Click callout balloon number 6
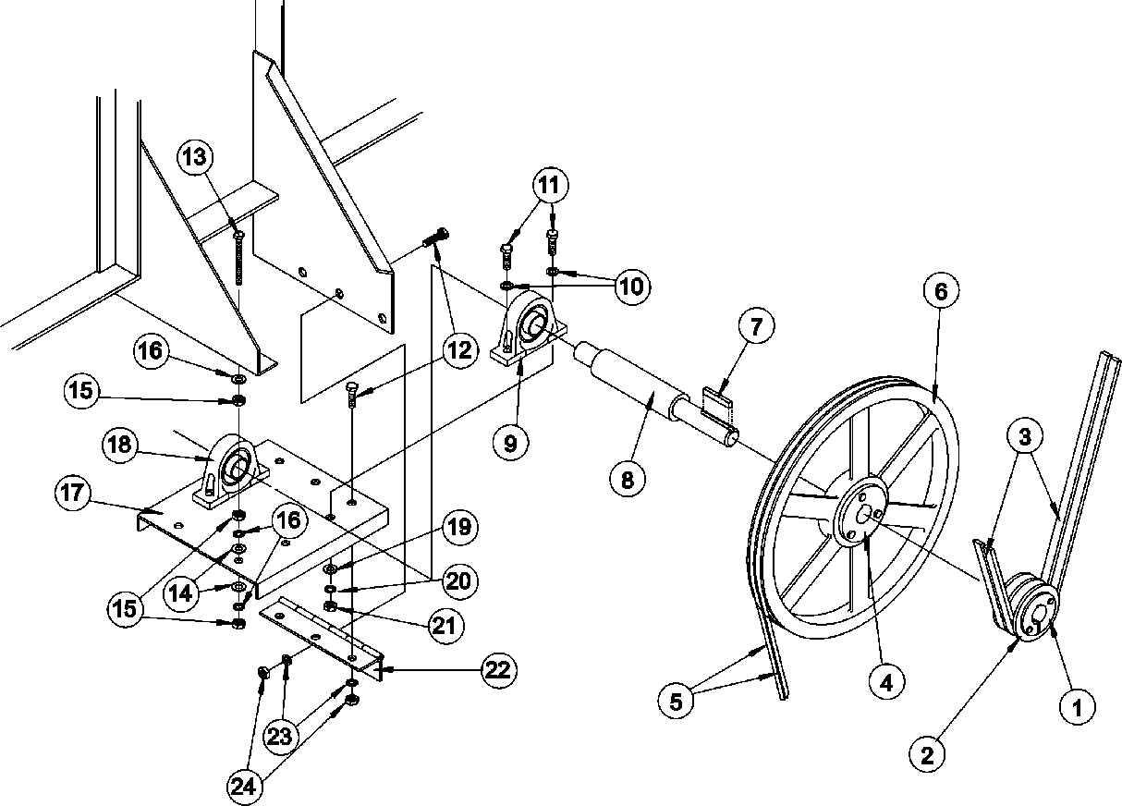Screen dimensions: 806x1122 coord(941,292)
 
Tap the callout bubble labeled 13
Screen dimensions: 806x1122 coord(195,156)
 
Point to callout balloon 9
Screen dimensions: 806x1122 coord(510,443)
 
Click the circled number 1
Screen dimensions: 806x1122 coord(1077,709)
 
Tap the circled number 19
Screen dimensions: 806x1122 coord(461,528)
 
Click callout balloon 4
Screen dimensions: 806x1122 coord(885,683)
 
